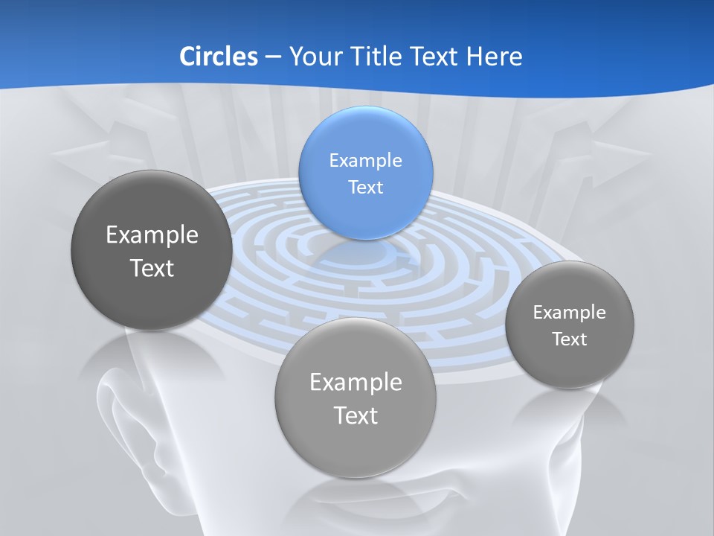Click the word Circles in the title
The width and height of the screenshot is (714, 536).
click(219, 57)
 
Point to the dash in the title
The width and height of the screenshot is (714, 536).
click(273, 57)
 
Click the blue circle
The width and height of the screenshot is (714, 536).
click(365, 173)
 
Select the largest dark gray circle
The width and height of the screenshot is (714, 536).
click(152, 250)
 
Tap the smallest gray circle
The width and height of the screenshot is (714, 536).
click(570, 325)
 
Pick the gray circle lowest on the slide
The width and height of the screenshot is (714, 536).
click(356, 398)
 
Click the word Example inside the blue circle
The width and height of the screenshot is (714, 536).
click(365, 160)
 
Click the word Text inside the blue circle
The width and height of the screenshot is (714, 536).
click(365, 187)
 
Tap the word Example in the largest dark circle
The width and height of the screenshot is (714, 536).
click(152, 234)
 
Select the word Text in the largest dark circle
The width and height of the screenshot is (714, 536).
click(152, 268)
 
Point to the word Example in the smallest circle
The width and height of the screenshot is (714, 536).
click(570, 312)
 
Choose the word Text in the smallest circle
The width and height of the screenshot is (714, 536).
click(570, 339)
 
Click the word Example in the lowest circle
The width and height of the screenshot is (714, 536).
click(356, 382)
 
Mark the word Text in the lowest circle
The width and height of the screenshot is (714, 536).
click(356, 415)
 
